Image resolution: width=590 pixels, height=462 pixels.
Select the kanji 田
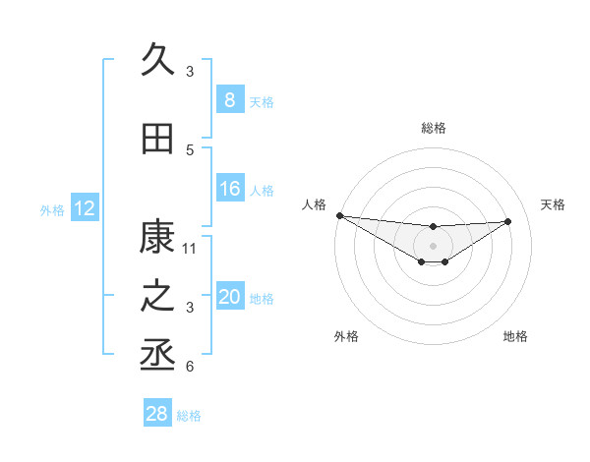157,139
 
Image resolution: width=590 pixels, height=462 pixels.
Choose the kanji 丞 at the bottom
157,356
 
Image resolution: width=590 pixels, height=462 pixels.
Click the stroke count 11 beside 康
190,248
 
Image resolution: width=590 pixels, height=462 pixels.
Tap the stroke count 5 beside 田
190,149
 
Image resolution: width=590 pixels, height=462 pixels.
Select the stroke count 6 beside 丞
190,367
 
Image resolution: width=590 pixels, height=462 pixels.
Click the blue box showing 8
229,99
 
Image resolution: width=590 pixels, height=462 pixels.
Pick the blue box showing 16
229,189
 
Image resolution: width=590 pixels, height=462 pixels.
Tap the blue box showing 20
229,297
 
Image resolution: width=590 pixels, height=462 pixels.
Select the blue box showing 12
84,208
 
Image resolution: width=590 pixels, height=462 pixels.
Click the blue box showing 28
156,414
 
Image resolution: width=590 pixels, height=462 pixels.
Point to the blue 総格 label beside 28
189,416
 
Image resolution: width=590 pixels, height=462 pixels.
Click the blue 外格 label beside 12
52,209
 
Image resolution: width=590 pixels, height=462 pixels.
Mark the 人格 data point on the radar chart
339,215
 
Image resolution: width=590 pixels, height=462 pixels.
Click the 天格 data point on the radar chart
508,221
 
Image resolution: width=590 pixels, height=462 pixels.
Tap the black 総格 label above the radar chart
433,128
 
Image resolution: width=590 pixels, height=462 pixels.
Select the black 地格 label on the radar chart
515,336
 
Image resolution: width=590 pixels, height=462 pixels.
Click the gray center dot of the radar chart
433,246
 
